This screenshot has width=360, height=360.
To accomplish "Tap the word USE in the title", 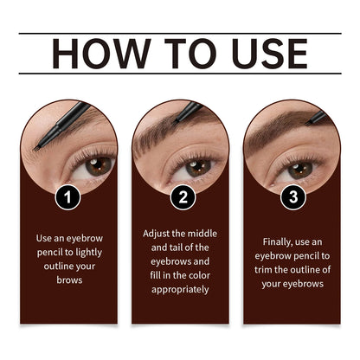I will (265, 53).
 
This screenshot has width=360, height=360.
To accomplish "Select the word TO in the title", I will (177, 53).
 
